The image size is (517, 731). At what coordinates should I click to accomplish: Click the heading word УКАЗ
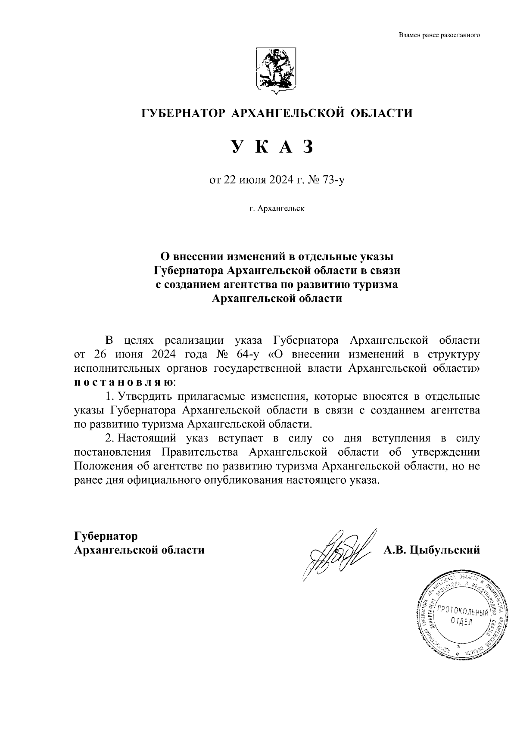pos(272,147)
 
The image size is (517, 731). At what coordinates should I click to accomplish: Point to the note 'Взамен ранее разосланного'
pos(439,35)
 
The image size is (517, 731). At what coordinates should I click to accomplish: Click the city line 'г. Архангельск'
pos(277,209)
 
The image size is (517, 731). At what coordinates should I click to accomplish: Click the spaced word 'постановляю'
pos(124,382)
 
